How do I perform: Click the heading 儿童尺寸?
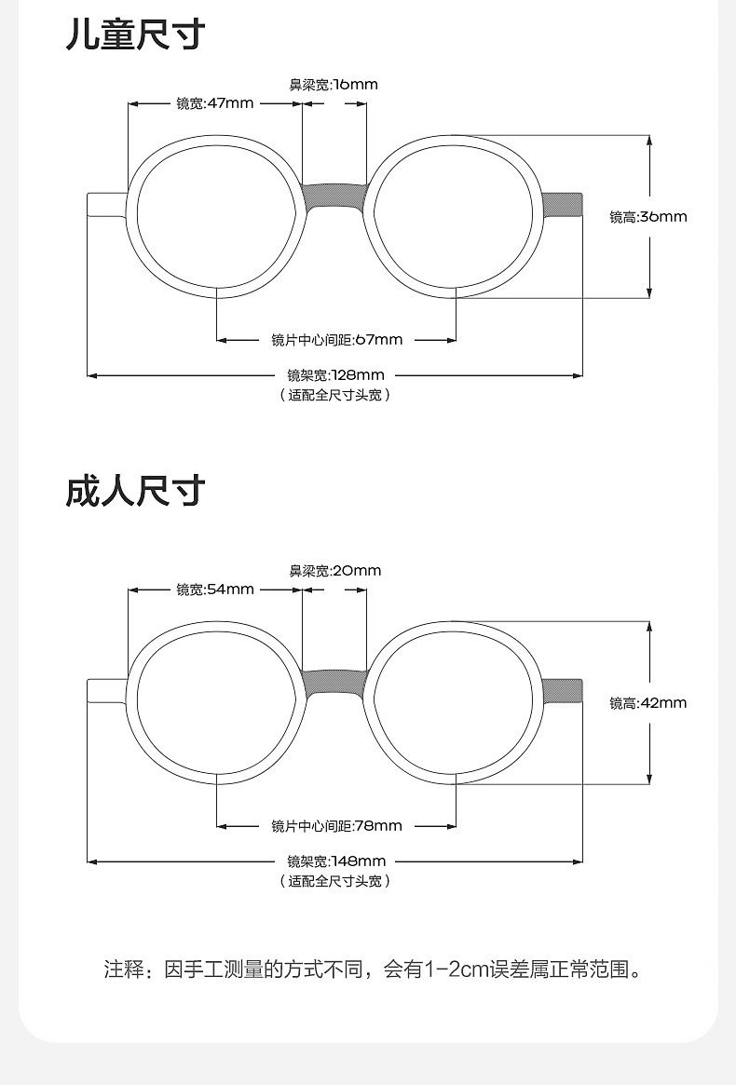pyautogui.click(x=135, y=34)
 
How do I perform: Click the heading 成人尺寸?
pyautogui.click(x=135, y=491)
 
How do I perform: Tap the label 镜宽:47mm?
pyautogui.click(x=215, y=103)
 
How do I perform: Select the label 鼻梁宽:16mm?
pyautogui.click(x=334, y=85)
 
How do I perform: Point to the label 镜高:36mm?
pyautogui.click(x=648, y=217)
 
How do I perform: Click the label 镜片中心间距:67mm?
pyautogui.click(x=337, y=340)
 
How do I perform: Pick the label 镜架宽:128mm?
pyautogui.click(x=335, y=375)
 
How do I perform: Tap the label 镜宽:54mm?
pyautogui.click(x=215, y=590)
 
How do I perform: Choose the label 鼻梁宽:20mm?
pyautogui.click(x=334, y=571)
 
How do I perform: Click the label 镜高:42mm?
pyautogui.click(x=648, y=703)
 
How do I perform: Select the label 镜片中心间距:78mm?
pyautogui.click(x=337, y=826)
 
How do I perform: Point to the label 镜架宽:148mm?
pyautogui.click(x=336, y=861)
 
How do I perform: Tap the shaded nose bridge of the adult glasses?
pyautogui.click(x=334, y=683)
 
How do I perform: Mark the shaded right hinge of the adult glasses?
pyautogui.click(x=563, y=690)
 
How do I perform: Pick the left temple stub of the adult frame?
pyautogui.click(x=106, y=690)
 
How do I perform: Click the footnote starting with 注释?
pyautogui.click(x=373, y=970)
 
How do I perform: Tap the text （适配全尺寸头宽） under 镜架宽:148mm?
pyautogui.click(x=335, y=881)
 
